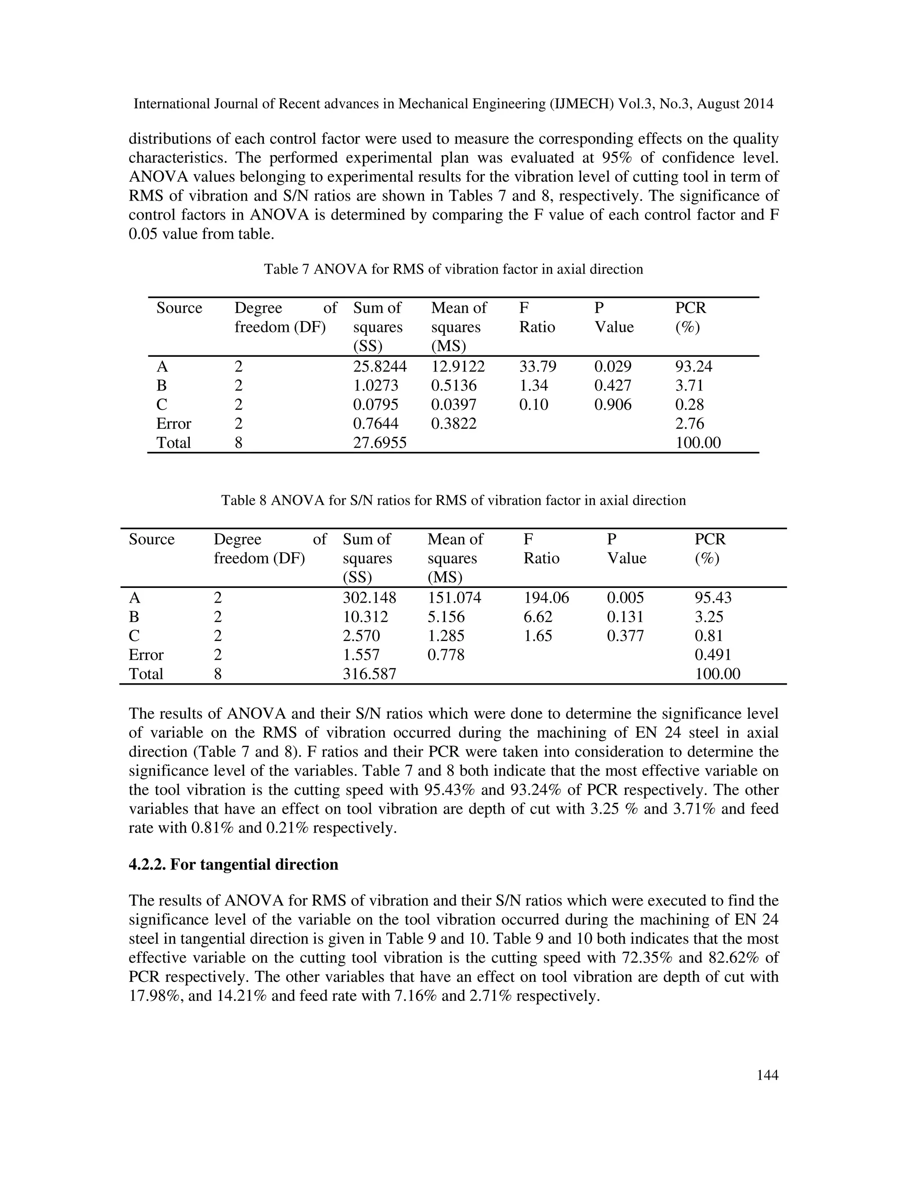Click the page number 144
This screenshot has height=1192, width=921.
point(767,1075)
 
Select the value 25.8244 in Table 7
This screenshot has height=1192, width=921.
point(380,366)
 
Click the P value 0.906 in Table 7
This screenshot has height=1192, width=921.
point(613,404)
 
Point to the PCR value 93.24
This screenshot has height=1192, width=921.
point(693,366)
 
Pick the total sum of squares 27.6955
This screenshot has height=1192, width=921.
point(380,443)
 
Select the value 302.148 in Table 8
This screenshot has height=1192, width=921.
point(369,598)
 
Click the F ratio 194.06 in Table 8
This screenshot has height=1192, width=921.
point(546,598)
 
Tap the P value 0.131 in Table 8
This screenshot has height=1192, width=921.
point(625,617)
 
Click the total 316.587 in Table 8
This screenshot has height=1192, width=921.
point(369,674)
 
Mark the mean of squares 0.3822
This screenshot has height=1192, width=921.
point(453,424)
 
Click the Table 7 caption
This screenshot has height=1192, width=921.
point(453,269)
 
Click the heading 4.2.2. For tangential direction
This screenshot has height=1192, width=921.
point(233,865)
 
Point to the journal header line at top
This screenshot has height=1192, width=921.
point(453,104)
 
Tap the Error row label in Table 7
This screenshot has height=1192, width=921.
point(174,424)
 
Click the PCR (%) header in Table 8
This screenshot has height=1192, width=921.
point(709,548)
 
